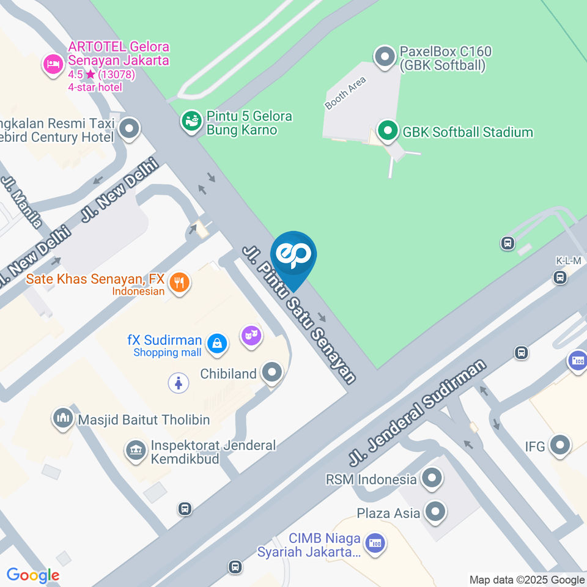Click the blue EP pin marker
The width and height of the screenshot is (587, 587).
(293, 256)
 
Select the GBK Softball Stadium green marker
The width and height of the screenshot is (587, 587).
(386, 131)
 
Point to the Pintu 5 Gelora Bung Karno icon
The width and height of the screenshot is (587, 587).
(191, 120)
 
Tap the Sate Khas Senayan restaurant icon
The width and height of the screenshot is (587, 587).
(179, 282)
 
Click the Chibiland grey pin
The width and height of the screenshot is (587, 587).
(271, 372)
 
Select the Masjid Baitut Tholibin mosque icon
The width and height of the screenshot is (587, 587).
(63, 419)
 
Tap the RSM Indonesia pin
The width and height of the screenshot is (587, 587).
(432, 478)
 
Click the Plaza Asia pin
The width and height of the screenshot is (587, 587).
(435, 512)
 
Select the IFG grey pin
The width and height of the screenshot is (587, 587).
(559, 446)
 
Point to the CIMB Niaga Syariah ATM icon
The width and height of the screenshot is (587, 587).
(374, 542)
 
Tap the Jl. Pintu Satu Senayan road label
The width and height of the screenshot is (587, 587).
(299, 314)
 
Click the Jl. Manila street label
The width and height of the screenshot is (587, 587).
(23, 202)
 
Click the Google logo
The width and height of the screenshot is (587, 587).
(32, 575)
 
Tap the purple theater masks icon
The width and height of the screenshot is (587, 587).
(251, 336)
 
